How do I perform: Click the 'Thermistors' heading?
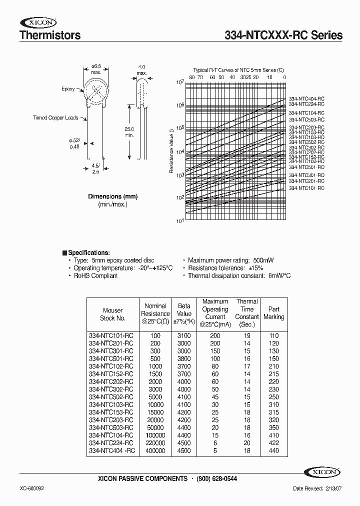49,35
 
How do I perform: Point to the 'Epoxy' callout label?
68,89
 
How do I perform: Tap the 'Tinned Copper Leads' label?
55,118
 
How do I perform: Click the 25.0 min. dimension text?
129,132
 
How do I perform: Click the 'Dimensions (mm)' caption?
112,196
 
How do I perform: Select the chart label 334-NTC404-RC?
306,99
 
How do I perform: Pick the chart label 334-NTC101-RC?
306,188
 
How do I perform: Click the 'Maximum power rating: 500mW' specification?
230,260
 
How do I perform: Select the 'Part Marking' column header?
273,313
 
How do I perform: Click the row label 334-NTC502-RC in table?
111,396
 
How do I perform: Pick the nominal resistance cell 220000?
155,442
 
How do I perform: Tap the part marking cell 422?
273,442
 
